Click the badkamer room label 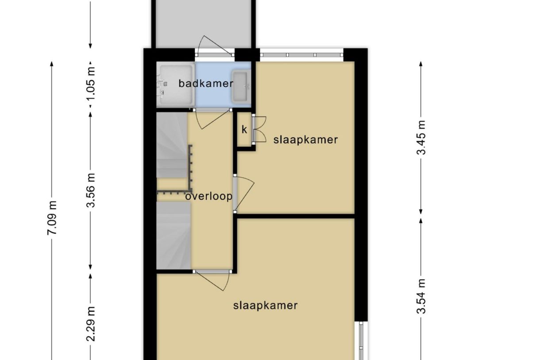pos(206,83)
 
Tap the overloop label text pos(208,196)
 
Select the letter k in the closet pos(244,130)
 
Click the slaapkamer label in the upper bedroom pos(305,140)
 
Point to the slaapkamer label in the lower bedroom pos(265,306)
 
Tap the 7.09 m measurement pos(52,219)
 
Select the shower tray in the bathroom pos(176,85)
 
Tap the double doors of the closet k pos(258,130)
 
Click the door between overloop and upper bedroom pos(243,193)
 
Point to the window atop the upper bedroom pos(301,55)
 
